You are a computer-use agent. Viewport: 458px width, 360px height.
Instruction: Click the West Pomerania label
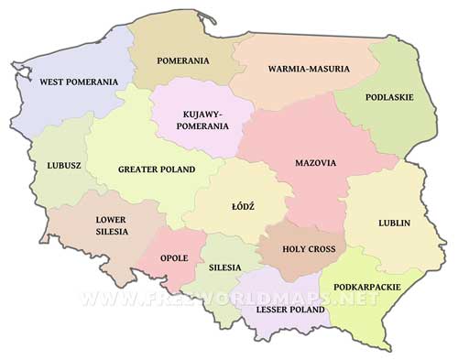click(79, 82)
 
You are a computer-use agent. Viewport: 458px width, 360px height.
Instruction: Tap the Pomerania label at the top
click(183, 61)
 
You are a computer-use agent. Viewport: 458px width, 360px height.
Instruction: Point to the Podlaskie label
click(388, 96)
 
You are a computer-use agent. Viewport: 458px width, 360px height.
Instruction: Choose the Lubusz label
click(64, 166)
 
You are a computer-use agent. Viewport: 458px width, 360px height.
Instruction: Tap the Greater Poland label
click(156, 169)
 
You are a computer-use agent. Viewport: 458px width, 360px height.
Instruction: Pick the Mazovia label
click(315, 163)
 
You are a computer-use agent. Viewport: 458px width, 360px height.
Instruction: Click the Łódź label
click(243, 207)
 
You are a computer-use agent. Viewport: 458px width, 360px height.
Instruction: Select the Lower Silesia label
click(112, 225)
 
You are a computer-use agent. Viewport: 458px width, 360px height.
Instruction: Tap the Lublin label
click(394, 223)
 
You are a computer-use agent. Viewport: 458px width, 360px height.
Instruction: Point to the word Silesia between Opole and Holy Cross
click(224, 267)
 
